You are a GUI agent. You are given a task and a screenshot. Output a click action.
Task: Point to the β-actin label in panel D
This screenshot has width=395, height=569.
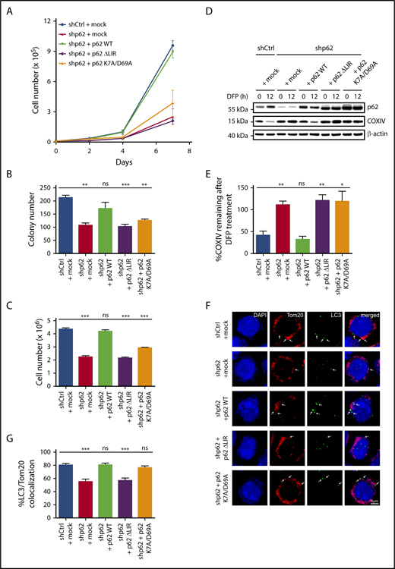click(x=377, y=156)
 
